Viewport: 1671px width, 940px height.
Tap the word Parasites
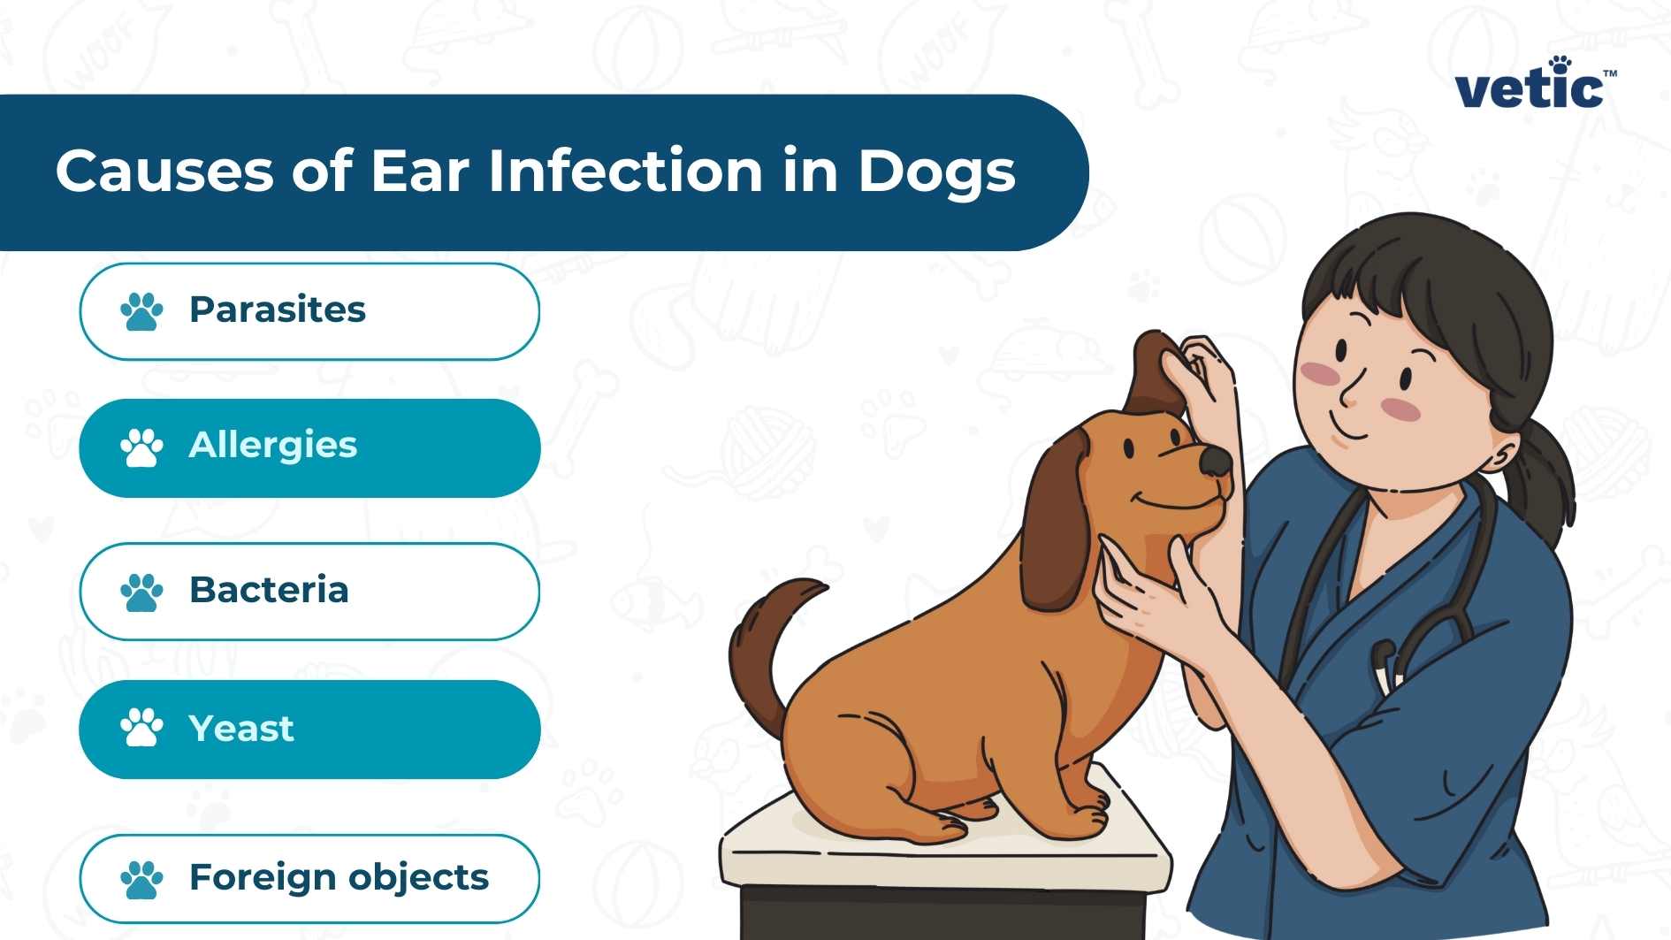coord(277,310)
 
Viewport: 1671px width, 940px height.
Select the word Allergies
coord(272,446)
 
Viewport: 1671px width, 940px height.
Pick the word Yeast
coord(240,730)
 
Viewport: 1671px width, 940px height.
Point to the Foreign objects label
coord(339,877)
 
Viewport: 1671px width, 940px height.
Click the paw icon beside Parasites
coord(141,311)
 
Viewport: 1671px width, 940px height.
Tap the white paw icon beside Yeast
coord(141,728)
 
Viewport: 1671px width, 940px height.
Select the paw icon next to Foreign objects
coord(141,879)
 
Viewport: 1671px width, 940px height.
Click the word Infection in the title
coord(625,171)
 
